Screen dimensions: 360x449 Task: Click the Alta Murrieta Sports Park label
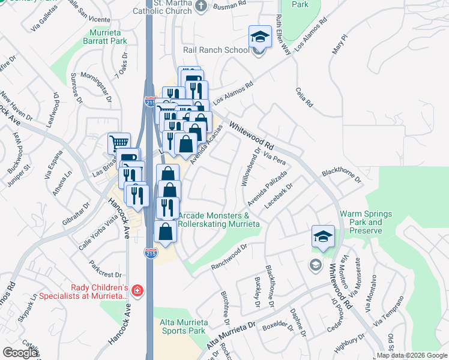[x=183, y=326]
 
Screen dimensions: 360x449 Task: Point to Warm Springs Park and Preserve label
[x=366, y=222]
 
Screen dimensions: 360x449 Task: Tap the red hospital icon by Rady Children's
[x=137, y=291]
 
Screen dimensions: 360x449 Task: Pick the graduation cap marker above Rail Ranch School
[x=261, y=37]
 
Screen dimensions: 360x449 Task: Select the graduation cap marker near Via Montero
[x=323, y=237]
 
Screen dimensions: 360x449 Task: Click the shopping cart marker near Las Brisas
[x=119, y=143]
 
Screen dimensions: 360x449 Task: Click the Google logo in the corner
[x=20, y=353]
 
